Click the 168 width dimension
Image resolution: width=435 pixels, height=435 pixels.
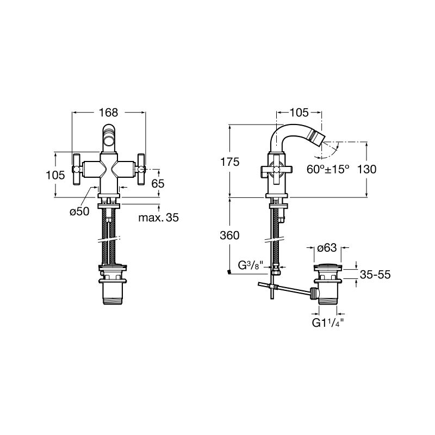[x=108, y=113]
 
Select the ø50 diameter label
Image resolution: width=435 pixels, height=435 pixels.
[x=79, y=212]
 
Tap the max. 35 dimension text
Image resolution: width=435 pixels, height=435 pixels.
[x=158, y=217]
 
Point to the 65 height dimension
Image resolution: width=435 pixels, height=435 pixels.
[x=158, y=183]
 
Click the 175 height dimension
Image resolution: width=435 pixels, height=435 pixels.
[x=229, y=161]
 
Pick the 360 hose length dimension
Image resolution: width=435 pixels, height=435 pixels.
[x=229, y=235]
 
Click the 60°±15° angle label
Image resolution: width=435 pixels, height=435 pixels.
[x=328, y=169]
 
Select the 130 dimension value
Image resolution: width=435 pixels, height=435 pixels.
[x=366, y=169]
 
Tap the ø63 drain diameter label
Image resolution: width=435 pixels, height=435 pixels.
[x=327, y=247]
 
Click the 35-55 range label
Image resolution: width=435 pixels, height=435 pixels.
[x=375, y=275]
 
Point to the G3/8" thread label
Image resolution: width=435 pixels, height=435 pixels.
[x=250, y=265]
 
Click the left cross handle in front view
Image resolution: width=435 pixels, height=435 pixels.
[x=76, y=169]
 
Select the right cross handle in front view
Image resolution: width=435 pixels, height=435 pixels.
[x=141, y=169]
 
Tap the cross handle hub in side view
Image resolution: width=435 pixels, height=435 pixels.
[x=276, y=169]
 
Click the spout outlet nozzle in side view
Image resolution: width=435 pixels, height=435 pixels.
[x=315, y=138]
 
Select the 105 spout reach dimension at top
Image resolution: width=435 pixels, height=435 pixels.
[x=299, y=113]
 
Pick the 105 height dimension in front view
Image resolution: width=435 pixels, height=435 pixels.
[x=55, y=175]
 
